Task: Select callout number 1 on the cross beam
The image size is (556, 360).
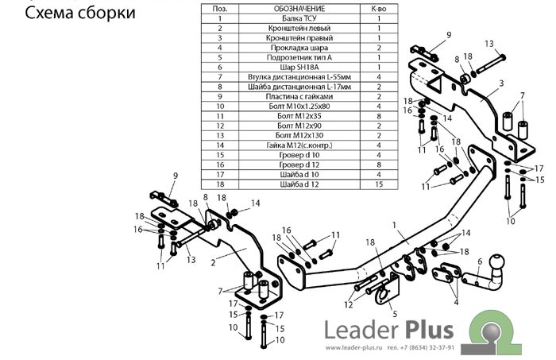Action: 393,226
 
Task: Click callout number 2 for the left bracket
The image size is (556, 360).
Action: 214,261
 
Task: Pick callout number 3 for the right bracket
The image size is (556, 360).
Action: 501,83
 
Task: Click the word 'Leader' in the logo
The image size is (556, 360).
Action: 355,330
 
